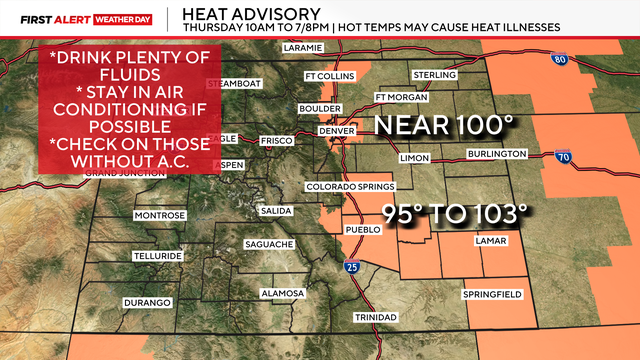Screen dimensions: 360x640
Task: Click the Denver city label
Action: (x=337, y=131)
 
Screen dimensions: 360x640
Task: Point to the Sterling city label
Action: (x=435, y=75)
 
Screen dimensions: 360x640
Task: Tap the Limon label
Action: (x=414, y=158)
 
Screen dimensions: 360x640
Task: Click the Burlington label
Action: (x=496, y=153)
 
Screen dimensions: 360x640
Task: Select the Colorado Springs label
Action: (x=351, y=186)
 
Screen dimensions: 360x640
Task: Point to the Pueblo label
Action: (x=363, y=229)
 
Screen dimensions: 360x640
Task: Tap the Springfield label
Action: (x=490, y=295)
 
